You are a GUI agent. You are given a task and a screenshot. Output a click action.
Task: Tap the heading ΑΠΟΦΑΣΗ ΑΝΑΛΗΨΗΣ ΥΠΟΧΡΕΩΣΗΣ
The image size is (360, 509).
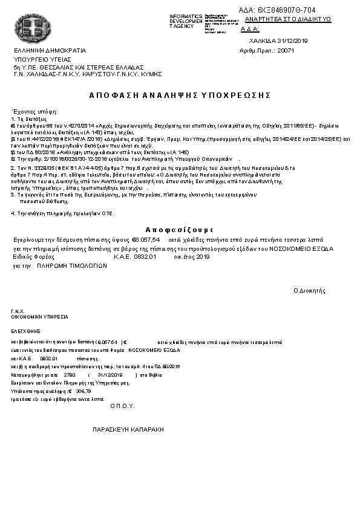179,96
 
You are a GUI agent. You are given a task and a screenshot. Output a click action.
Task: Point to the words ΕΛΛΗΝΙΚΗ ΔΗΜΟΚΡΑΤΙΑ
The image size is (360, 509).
50,50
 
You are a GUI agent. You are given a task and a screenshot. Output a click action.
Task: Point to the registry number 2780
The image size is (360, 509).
68,375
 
